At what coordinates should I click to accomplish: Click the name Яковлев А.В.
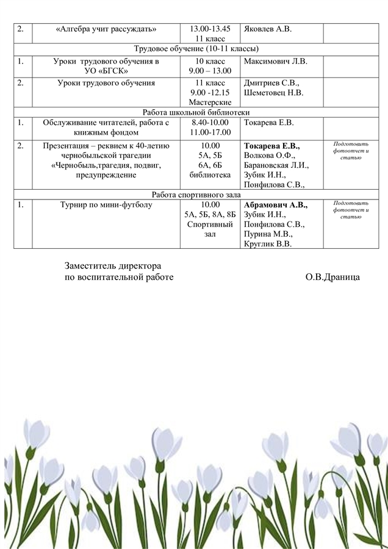(267, 29)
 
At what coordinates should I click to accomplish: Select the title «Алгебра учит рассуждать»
(106, 29)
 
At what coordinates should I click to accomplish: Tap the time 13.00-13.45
(210, 29)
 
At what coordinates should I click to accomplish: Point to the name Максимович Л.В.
(275, 61)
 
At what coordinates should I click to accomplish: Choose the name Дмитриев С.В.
(271, 82)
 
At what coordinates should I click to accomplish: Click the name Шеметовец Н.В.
(273, 93)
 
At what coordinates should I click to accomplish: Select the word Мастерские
(210, 102)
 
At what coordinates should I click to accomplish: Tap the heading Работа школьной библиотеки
(196, 112)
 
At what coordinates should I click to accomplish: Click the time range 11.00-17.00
(210, 132)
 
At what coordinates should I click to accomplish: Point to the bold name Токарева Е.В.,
(271, 146)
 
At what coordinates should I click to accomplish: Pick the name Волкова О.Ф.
(269, 156)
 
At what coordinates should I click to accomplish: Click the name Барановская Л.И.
(276, 165)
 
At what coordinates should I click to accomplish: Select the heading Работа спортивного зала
(196, 195)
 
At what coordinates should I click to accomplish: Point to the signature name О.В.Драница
(332, 277)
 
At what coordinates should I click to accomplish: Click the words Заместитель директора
(113, 266)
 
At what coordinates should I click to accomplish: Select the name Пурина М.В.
(268, 234)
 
